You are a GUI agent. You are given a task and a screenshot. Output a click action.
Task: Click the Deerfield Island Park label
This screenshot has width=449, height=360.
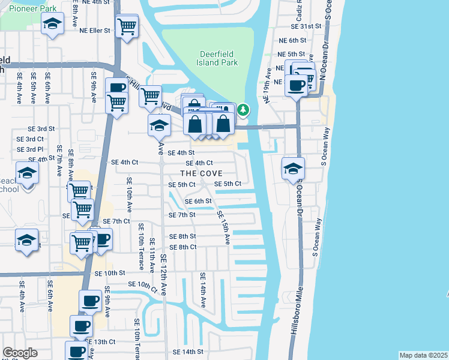point(218,58)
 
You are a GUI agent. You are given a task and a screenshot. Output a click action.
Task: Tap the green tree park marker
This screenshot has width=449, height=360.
point(243,110)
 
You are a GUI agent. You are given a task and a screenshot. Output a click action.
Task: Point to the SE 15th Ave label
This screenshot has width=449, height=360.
point(224,227)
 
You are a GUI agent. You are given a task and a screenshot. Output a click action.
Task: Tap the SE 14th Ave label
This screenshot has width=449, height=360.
point(203,290)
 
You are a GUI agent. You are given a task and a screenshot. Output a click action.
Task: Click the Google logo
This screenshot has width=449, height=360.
point(20,353)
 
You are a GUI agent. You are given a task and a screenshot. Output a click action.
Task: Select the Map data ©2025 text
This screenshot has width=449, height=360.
point(423,355)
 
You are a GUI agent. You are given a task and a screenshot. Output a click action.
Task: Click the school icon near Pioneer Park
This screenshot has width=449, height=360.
point(52,24)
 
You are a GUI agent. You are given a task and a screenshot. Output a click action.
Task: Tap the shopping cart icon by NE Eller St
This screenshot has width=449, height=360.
point(127,26)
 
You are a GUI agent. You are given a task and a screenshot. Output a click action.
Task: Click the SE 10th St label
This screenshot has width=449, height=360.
point(109,273)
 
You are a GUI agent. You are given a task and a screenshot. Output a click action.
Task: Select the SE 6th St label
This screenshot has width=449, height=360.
point(198,201)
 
